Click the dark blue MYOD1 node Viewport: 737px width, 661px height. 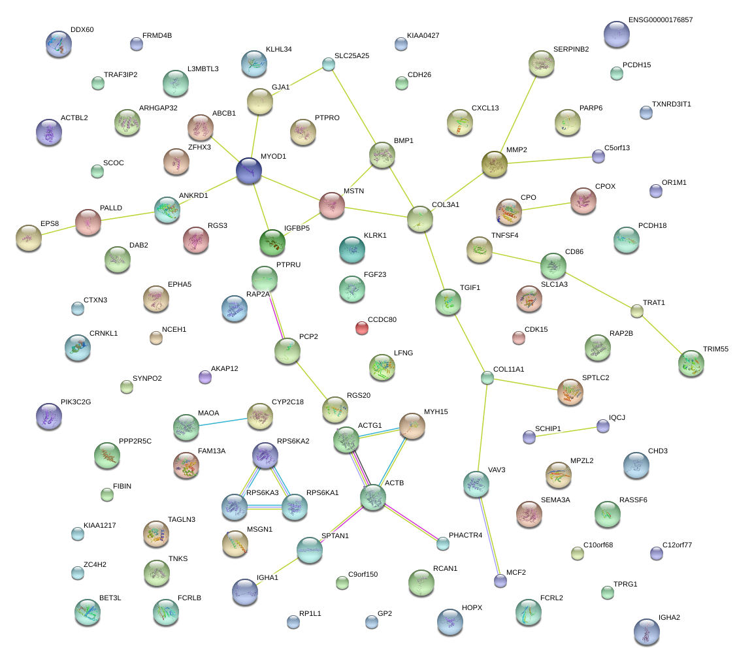(x=249, y=170)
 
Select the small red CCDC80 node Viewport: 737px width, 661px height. (x=361, y=328)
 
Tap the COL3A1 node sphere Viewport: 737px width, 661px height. (x=419, y=219)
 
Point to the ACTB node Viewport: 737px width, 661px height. (x=373, y=498)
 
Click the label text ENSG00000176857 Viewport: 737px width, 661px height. (x=661, y=20)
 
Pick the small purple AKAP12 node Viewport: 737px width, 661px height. (x=205, y=377)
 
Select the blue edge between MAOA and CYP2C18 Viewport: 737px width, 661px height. (x=223, y=421)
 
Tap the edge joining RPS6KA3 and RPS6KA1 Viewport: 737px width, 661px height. (x=265, y=508)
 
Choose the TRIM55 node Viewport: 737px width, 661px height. (x=691, y=363)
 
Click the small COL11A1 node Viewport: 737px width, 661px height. (x=487, y=378)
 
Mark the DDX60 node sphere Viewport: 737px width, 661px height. (x=59, y=44)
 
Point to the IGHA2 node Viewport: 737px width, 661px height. (x=647, y=632)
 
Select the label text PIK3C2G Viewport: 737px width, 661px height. (x=76, y=402)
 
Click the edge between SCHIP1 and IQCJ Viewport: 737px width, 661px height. (x=566, y=432)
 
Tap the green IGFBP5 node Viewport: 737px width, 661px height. (x=272, y=242)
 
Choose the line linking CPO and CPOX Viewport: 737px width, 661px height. (x=546, y=206)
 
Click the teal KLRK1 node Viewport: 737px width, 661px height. (x=352, y=250)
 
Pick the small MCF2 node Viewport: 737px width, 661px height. (x=500, y=581)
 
